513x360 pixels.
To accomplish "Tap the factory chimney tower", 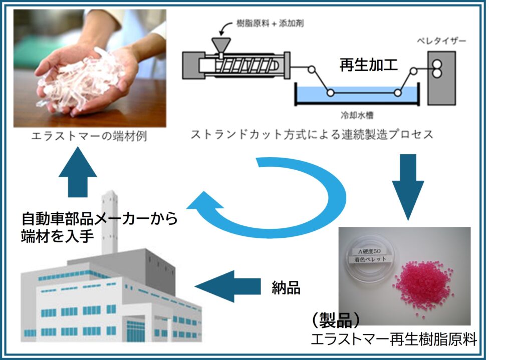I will [x=109, y=220].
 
